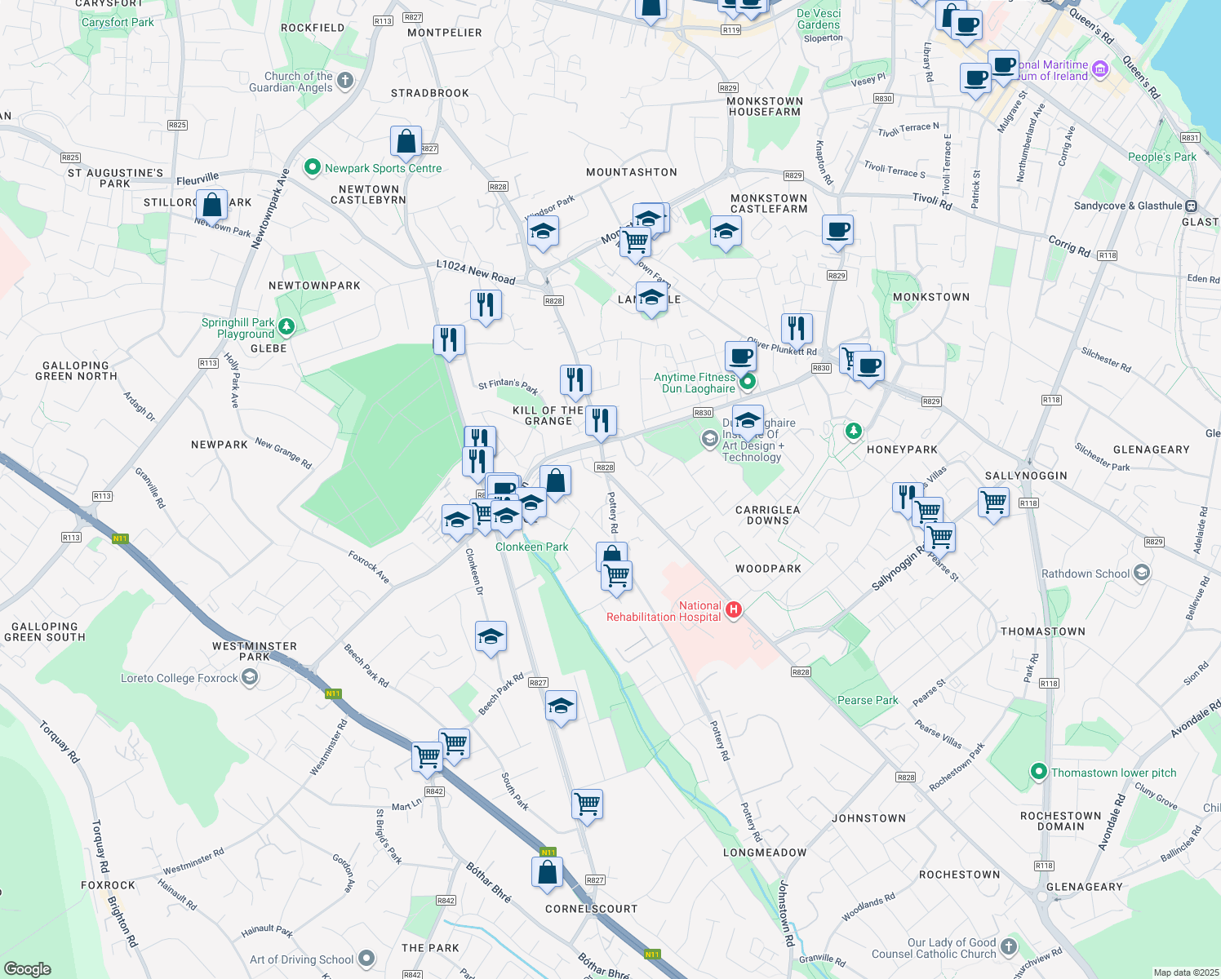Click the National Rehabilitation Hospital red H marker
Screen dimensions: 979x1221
pyautogui.click(x=733, y=609)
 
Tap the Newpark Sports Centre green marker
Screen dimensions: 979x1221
pyautogui.click(x=312, y=167)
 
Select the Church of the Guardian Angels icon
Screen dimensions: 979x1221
pyautogui.click(x=345, y=80)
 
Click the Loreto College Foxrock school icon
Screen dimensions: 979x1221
pyautogui.click(x=251, y=677)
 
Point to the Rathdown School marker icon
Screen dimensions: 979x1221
pyautogui.click(x=1142, y=573)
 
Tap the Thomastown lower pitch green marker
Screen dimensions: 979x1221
pyautogui.click(x=1038, y=771)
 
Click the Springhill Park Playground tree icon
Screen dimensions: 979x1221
pyautogui.click(x=286, y=327)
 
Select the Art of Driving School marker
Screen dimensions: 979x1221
pyautogui.click(x=366, y=959)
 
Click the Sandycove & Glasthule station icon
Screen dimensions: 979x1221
pyautogui.click(x=1191, y=206)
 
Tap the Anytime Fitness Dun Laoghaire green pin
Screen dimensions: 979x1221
pyautogui.click(x=747, y=381)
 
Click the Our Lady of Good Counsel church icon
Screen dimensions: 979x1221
pyautogui.click(x=1009, y=946)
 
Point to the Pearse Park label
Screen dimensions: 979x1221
pyautogui.click(x=868, y=700)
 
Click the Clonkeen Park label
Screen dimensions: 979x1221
pyautogui.click(x=531, y=547)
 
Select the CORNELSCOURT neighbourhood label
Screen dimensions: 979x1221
pyautogui.click(x=591, y=909)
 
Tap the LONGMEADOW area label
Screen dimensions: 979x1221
pyautogui.click(x=765, y=853)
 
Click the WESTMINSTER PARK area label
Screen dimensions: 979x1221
pyautogui.click(x=255, y=651)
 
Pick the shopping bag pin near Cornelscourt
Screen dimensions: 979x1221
pyautogui.click(x=548, y=871)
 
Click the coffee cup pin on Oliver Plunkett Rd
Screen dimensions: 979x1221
pyautogui.click(x=740, y=356)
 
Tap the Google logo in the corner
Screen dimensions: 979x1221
pyautogui.click(x=28, y=968)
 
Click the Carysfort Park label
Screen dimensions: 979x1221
pyautogui.click(x=118, y=22)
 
